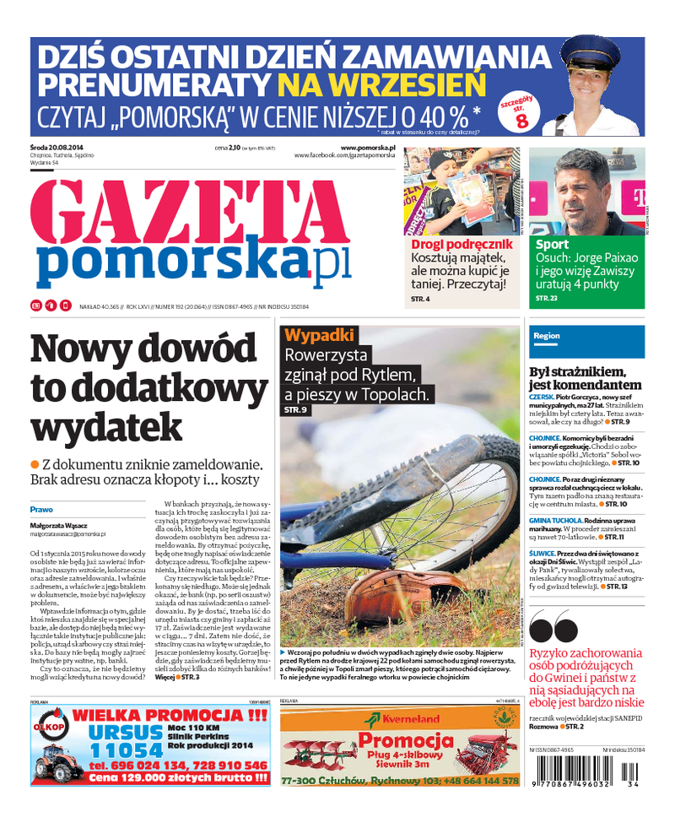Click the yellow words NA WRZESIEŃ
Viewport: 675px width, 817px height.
382,84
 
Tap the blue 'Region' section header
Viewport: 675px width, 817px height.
547,336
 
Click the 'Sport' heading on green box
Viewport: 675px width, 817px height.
552,245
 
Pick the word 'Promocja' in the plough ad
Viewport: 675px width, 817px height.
400,742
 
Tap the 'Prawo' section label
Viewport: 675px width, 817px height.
41,510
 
